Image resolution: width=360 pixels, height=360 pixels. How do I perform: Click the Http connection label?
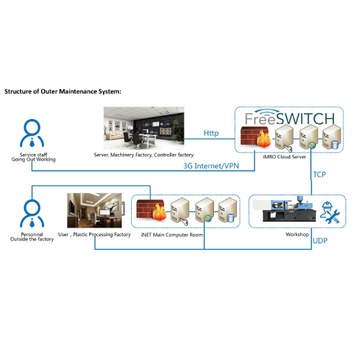coord(211,133)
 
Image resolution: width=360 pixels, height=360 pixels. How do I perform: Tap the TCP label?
coord(320,174)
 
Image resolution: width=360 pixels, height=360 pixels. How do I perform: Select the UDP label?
coord(320,240)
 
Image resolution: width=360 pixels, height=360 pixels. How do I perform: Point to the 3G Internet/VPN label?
coord(211,166)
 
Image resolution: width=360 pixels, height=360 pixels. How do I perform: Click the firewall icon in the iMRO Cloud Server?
coord(256,137)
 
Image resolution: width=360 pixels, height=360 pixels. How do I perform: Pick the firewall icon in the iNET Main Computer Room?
coord(152,210)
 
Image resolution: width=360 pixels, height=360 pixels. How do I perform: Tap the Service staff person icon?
coord(32,133)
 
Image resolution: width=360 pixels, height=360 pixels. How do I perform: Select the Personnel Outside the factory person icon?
coord(32,213)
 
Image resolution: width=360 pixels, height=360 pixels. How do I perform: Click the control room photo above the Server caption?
coord(144,128)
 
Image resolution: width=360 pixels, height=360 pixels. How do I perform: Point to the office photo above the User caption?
coord(94,210)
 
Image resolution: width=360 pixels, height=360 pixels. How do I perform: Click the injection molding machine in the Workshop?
coord(285,209)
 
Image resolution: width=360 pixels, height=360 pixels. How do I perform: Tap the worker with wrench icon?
coord(330,212)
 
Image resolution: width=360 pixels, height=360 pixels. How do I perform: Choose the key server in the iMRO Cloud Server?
coord(284,138)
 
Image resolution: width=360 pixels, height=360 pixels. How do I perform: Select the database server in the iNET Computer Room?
coord(228,210)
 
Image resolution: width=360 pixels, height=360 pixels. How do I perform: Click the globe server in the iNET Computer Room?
coord(204,210)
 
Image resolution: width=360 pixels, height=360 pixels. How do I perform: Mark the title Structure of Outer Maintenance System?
coord(63,91)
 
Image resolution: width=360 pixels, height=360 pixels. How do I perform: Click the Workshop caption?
coord(297,235)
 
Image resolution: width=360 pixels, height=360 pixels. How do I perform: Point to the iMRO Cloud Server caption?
coord(284,157)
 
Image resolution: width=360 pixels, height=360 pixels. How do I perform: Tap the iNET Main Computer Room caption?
coord(172,235)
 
